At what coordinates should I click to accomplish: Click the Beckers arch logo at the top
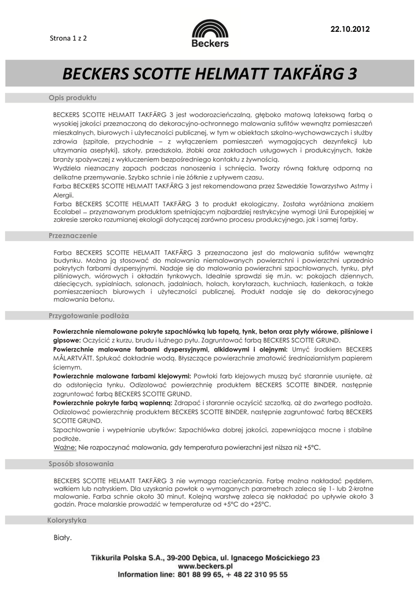(x=210, y=29)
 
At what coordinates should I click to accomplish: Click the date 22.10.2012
(x=349, y=29)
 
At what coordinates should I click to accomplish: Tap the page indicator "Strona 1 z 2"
(x=68, y=38)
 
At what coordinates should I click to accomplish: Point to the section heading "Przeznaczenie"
(x=72, y=236)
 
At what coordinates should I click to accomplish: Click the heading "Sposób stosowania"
(x=81, y=464)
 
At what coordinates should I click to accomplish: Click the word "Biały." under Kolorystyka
(x=63, y=538)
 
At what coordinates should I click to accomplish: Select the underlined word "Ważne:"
(x=65, y=448)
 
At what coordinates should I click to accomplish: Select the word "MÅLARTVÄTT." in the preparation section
(x=76, y=358)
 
